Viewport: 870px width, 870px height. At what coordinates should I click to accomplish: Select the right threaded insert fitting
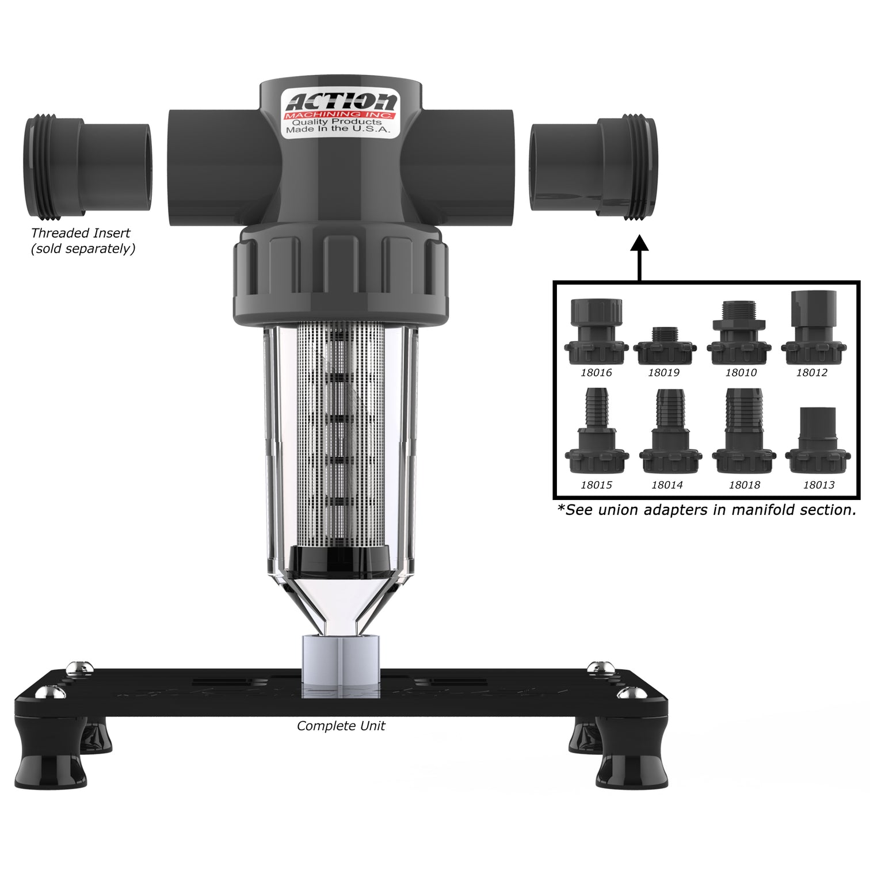[594, 167]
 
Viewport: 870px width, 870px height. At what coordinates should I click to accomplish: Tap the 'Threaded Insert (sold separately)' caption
[82, 241]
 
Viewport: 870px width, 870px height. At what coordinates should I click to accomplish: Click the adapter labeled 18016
[596, 333]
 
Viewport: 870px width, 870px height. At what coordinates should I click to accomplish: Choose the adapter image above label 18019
[664, 346]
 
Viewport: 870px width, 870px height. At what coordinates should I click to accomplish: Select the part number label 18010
[741, 372]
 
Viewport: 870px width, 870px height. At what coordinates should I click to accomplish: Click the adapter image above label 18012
[812, 329]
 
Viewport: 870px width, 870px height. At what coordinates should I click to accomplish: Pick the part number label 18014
[667, 485]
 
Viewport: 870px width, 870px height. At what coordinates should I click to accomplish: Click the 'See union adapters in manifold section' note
[707, 510]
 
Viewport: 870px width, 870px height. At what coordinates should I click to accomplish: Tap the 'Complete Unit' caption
[341, 726]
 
